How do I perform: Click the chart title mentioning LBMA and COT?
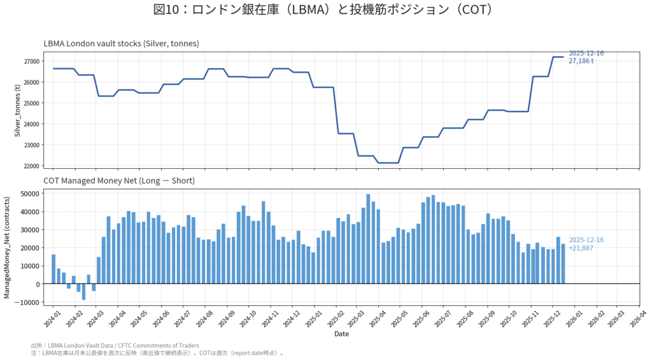tap(325, 10)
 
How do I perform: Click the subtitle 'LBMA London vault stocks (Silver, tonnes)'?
tap(121, 43)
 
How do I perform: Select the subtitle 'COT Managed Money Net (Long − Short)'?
tap(119, 181)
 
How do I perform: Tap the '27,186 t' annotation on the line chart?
tap(581, 61)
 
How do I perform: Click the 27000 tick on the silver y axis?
tap(31, 61)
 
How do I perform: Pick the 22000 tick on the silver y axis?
tap(31, 166)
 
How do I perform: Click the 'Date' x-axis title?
tap(341, 333)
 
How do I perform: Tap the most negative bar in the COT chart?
tap(83, 292)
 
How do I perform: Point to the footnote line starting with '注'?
tap(156, 352)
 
